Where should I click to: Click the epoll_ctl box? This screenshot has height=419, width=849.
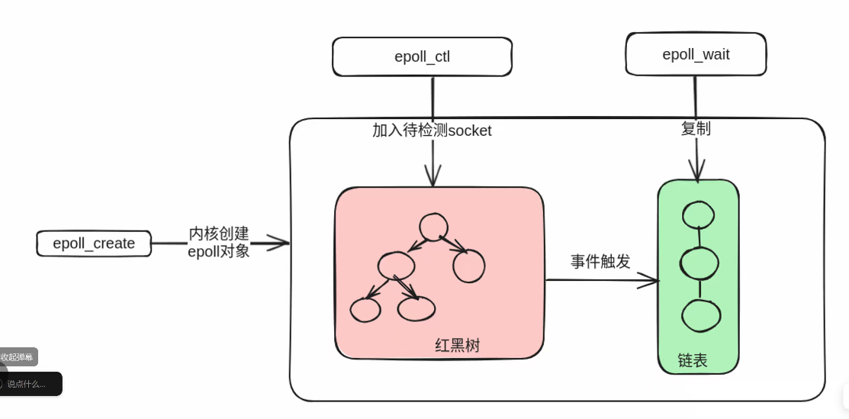tap(422, 56)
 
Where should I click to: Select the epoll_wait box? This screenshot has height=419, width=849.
tap(696, 54)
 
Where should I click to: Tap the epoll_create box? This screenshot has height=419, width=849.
tap(94, 243)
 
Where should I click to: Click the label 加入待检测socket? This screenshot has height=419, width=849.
tap(432, 131)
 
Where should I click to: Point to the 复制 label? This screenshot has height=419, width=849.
tap(696, 128)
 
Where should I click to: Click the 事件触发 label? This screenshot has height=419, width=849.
tap(600, 262)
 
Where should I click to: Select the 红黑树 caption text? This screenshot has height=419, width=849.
tap(458, 346)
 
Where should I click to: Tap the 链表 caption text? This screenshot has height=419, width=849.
tap(693, 360)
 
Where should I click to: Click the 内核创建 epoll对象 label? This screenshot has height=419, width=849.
tap(219, 242)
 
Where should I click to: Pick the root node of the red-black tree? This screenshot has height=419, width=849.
tap(433, 227)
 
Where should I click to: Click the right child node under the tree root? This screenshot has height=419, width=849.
tap(469, 266)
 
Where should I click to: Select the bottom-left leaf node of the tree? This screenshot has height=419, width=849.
tap(365, 309)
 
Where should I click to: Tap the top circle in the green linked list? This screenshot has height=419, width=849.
tap(699, 215)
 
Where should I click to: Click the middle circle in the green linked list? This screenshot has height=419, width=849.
tap(699, 264)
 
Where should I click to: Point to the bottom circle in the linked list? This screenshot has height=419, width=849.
tap(700, 316)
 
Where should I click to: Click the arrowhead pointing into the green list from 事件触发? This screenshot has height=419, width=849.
tap(650, 281)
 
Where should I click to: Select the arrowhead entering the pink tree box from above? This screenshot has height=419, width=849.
tap(433, 179)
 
